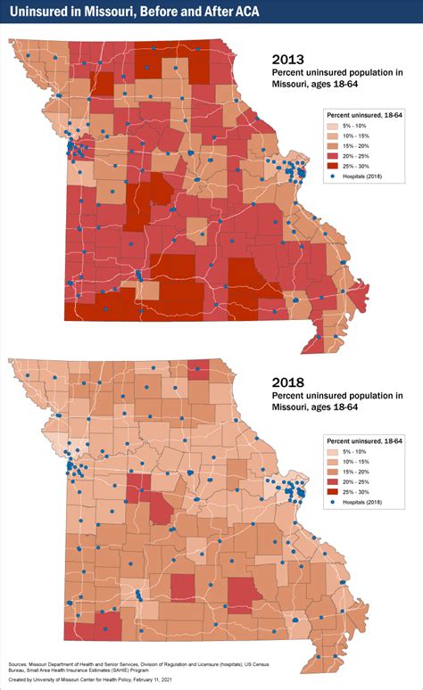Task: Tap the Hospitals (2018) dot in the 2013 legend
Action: pos(334,177)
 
